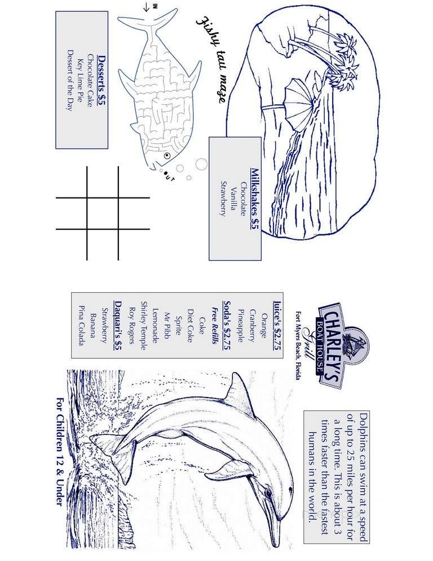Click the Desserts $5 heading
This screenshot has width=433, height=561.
point(101,80)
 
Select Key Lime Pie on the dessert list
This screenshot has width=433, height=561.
point(80,80)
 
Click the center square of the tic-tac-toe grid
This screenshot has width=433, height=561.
point(103,213)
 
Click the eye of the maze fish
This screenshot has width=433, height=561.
point(167,155)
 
